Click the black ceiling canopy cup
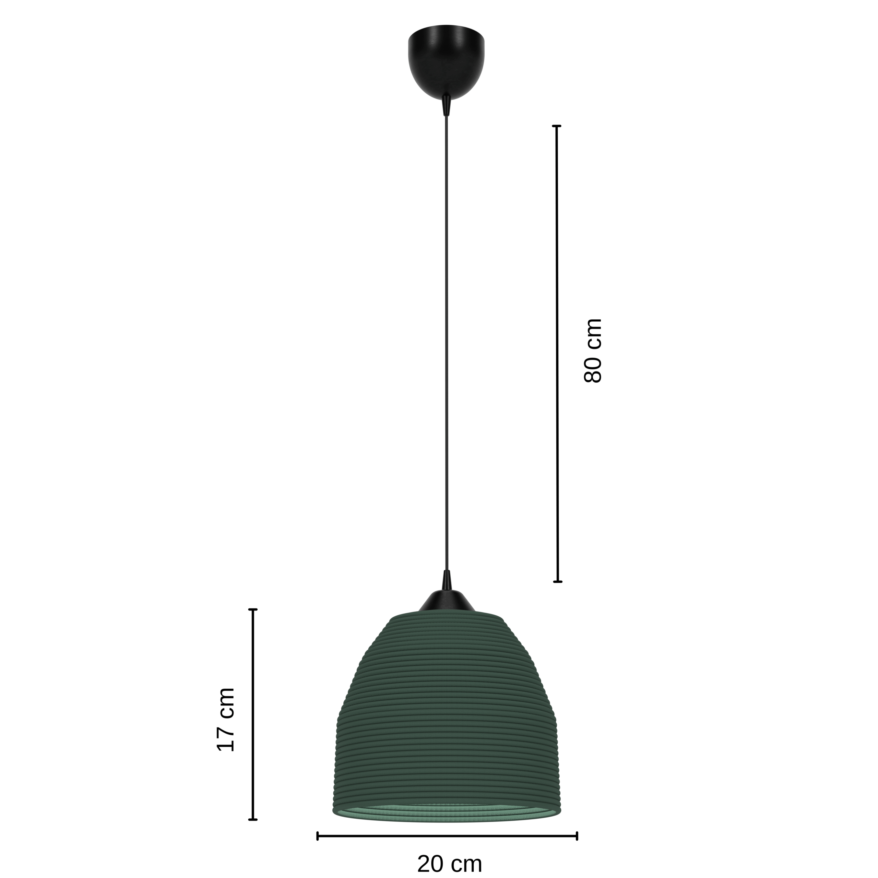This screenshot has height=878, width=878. coord(446,61)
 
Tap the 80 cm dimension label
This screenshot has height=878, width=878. coord(593,351)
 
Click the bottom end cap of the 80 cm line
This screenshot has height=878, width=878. coord(558,581)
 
